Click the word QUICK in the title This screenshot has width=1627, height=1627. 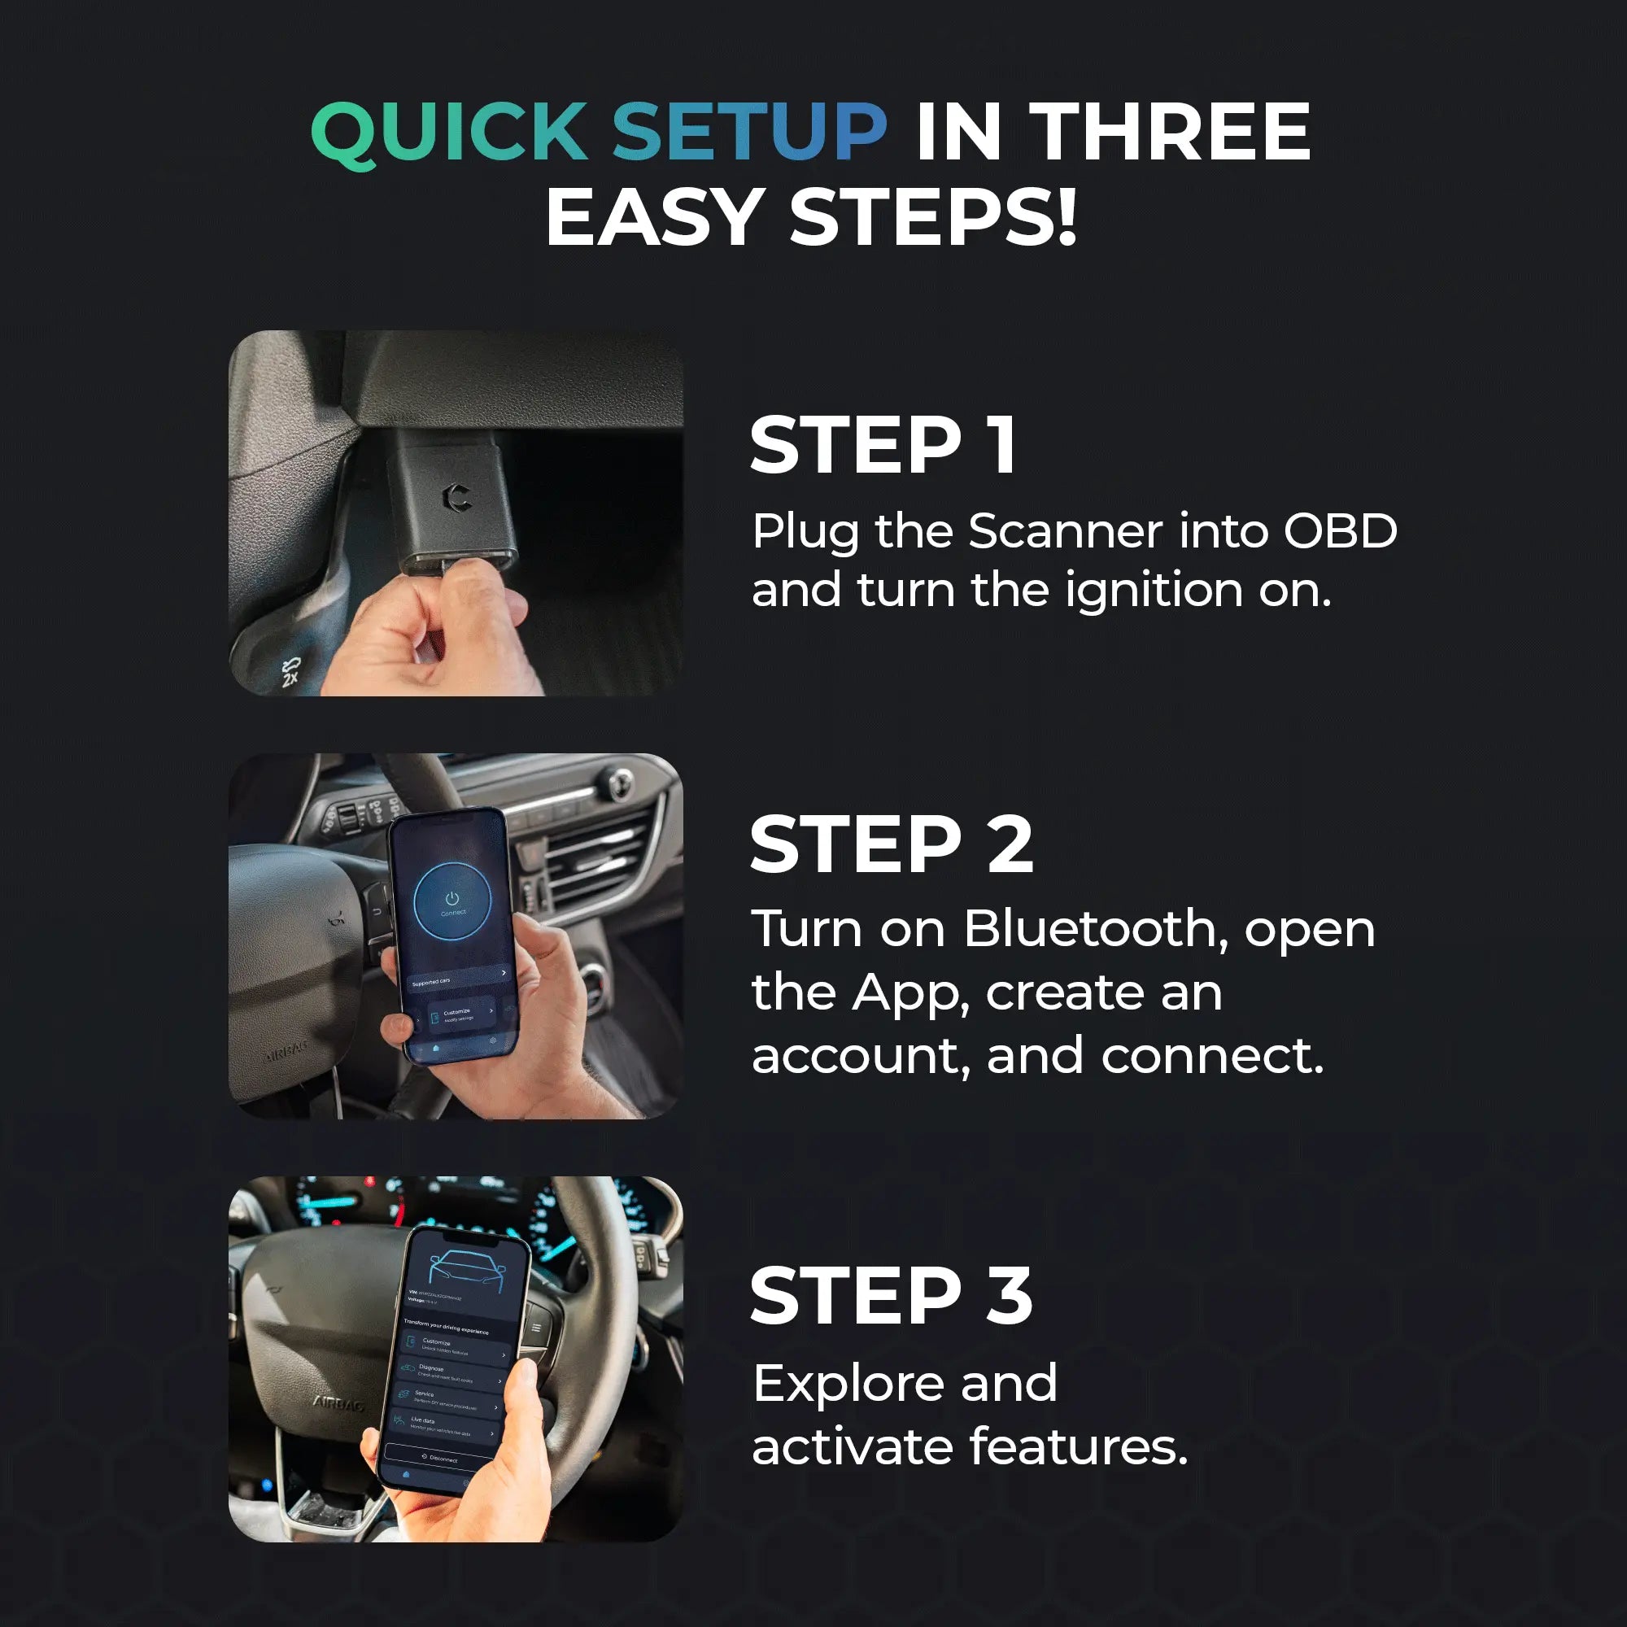click(x=449, y=133)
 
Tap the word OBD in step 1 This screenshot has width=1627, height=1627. click(x=1340, y=531)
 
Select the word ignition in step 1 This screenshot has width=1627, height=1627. click(x=1154, y=590)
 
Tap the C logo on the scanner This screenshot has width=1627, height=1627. click(x=456, y=497)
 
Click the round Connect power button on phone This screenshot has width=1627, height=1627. click(x=452, y=901)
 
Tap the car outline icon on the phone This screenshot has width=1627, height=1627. click(x=469, y=1271)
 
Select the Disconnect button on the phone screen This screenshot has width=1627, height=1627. click(x=438, y=1458)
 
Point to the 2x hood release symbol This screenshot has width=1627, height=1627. click(x=290, y=671)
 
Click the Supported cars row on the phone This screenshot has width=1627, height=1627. click(x=457, y=978)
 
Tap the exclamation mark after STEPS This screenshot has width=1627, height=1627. click(x=1067, y=217)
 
